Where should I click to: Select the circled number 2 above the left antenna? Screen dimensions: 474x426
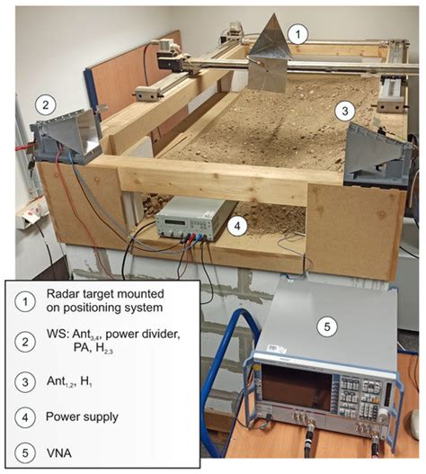[x=44, y=104]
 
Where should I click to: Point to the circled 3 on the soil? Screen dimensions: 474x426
[x=343, y=110]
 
